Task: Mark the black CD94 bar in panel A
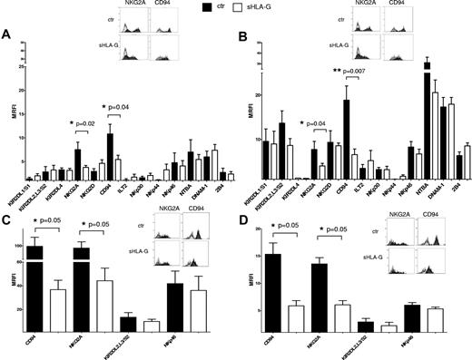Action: coord(110,158)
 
